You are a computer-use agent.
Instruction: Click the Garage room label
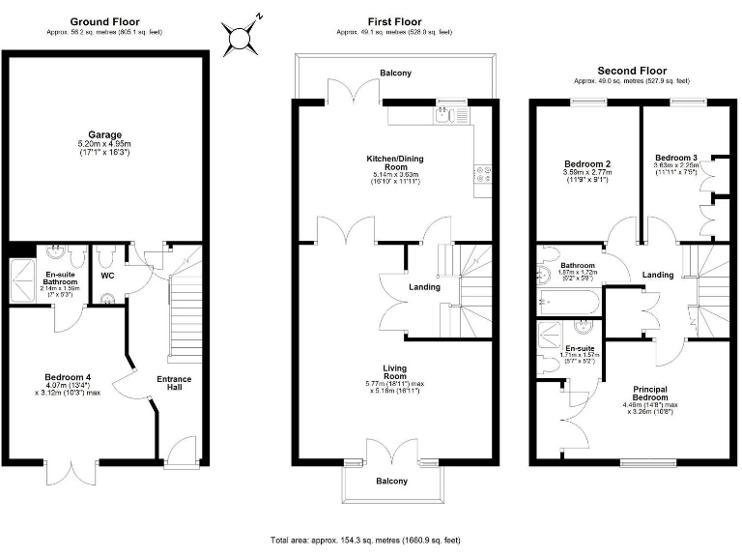tap(103, 135)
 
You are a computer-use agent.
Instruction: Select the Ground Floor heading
tap(105, 21)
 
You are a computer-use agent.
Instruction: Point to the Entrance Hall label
tap(175, 384)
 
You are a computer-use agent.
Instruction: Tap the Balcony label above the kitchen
tap(394, 73)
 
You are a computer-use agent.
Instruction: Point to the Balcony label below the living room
tap(392, 481)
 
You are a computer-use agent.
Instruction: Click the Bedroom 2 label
tap(586, 165)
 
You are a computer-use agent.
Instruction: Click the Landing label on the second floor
tap(658, 276)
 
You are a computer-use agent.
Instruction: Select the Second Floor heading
tap(633, 71)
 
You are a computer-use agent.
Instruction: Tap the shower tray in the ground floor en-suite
tap(20, 277)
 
